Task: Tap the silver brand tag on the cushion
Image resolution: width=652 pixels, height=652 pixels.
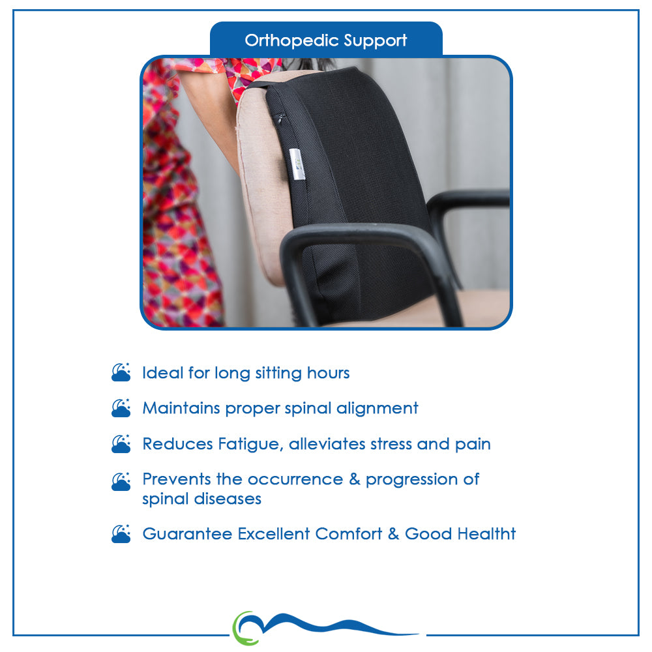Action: click(x=297, y=164)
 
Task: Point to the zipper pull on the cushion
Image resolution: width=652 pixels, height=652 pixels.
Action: click(x=280, y=119)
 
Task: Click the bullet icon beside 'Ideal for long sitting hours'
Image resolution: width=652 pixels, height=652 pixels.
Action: click(x=121, y=372)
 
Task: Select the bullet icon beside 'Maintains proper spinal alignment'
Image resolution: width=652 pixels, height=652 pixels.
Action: click(x=121, y=408)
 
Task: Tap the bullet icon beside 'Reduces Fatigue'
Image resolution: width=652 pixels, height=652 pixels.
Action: click(x=121, y=443)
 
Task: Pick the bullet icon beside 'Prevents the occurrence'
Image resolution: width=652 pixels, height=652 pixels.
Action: click(x=121, y=482)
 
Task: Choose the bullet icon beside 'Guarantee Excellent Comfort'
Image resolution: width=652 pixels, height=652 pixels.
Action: click(x=121, y=534)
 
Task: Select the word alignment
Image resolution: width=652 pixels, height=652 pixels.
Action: click(x=377, y=409)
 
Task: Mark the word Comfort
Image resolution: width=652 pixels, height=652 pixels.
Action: click(x=348, y=534)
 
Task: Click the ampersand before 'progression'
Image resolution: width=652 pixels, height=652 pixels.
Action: click(x=355, y=479)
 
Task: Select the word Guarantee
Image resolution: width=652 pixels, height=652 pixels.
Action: click(x=187, y=534)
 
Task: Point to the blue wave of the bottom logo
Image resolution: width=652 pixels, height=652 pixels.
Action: click(x=333, y=624)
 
